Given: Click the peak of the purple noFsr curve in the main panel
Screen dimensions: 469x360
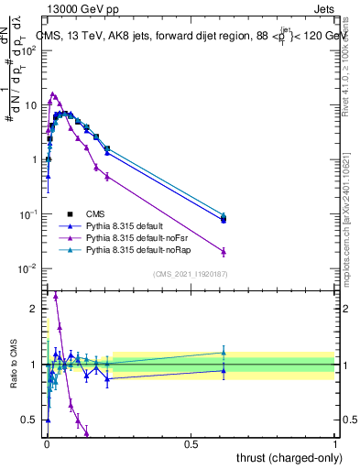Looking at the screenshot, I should pyautogui.click(x=54, y=93).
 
